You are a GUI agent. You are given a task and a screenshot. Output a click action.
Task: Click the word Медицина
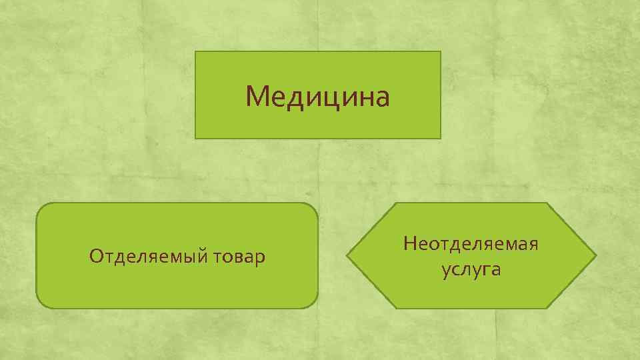pyautogui.click(x=317, y=96)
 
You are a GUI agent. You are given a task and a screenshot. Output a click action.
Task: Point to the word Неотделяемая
pyautogui.click(x=471, y=243)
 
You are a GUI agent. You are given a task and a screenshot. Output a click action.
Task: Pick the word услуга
pyautogui.click(x=471, y=270)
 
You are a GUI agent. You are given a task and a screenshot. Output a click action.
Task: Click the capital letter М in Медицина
pyautogui.click(x=256, y=96)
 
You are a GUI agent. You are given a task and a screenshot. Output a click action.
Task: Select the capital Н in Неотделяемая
pyautogui.click(x=409, y=243)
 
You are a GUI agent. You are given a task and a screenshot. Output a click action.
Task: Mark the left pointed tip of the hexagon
pyautogui.click(x=347, y=255)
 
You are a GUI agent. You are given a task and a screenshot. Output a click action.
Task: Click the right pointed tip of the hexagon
pyautogui.click(x=595, y=255)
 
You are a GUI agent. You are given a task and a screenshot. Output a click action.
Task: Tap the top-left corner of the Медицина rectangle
pyautogui.click(x=195, y=52)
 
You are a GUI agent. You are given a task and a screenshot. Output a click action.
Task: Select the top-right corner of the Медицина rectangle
pyautogui.click(x=441, y=52)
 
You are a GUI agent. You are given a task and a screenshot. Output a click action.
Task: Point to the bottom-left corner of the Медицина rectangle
pyautogui.click(x=195, y=138)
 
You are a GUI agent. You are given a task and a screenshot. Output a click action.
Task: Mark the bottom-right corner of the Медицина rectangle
pyautogui.click(x=441, y=138)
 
